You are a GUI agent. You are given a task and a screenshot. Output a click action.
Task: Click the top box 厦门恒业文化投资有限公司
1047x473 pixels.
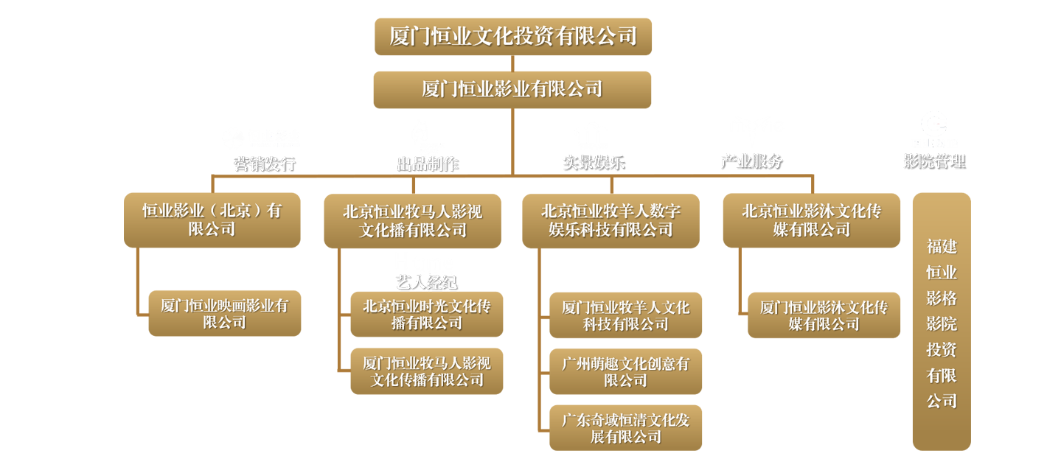512,36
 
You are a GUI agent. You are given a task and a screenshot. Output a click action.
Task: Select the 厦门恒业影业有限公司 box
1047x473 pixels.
512,89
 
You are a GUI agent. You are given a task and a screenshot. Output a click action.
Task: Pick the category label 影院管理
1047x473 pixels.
934,161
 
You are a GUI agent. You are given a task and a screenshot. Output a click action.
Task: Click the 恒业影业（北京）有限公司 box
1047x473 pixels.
212,220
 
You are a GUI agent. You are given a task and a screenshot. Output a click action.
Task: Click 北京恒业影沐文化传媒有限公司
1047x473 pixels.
811,220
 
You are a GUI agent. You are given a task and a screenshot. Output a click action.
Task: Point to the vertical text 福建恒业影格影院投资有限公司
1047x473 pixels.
942,323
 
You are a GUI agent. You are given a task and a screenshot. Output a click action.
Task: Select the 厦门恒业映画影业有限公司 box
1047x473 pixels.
224,314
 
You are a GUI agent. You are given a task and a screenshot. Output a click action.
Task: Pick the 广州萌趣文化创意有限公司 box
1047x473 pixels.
625,372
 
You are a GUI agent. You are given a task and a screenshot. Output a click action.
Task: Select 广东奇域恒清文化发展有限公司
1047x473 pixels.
625,428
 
